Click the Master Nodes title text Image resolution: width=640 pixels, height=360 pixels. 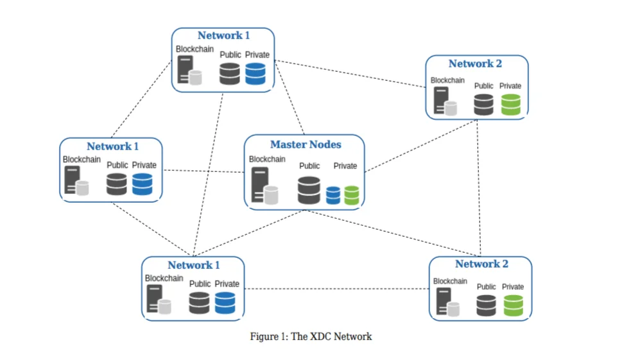tap(306, 144)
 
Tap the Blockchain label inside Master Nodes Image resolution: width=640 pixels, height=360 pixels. tap(267, 159)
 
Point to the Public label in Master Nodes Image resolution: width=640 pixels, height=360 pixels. tap(309, 166)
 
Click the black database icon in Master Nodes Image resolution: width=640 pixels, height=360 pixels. tap(309, 190)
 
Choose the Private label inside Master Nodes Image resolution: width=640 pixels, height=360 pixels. tap(345, 166)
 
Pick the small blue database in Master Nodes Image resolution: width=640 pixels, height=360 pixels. tap(333, 195)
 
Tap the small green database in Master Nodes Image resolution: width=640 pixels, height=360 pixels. tap(352, 195)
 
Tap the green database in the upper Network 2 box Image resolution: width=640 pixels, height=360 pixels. tap(511, 104)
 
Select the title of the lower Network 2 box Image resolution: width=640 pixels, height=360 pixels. tap(481, 264)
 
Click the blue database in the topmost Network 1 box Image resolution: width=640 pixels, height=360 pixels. tap(255, 74)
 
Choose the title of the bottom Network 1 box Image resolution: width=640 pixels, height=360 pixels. tap(194, 265)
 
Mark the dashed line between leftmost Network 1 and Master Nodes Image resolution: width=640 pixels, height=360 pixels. tap(203, 171)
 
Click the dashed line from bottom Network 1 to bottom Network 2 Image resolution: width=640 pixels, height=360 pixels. tap(337, 289)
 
